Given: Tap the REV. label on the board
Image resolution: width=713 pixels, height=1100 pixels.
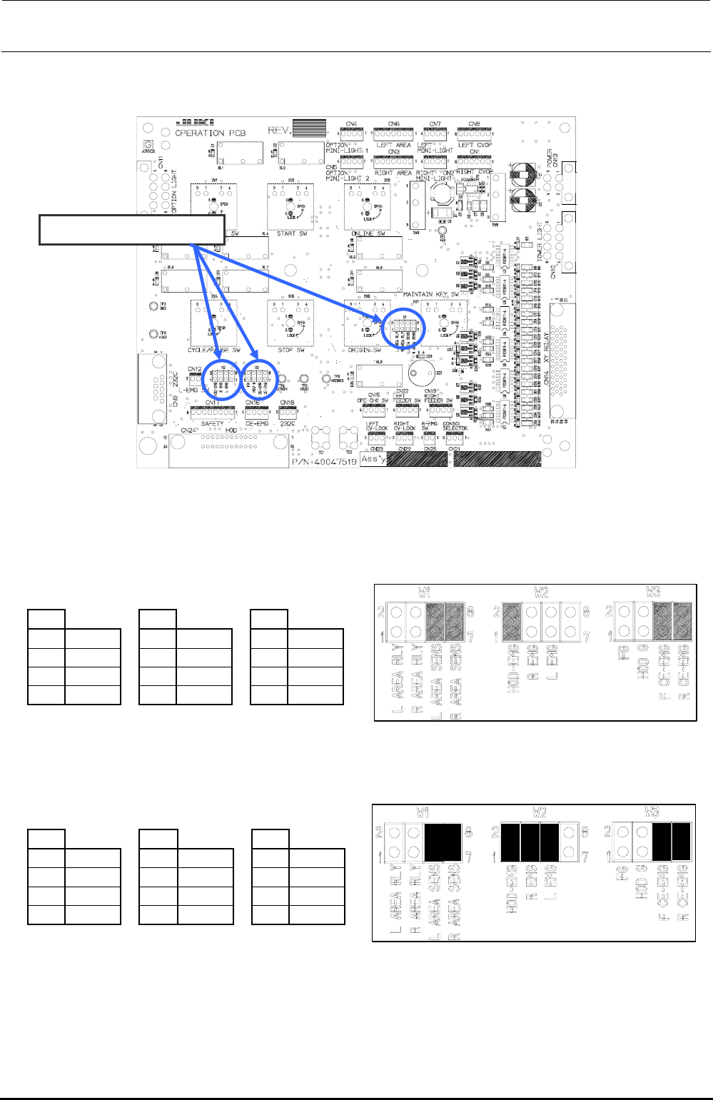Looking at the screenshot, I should coord(280,130).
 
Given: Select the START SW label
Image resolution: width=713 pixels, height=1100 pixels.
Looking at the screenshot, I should coord(290,233).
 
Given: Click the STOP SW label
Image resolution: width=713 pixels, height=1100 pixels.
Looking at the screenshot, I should coord(290,350).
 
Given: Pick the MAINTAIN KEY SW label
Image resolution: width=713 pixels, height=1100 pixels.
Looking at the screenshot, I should coord(430,294).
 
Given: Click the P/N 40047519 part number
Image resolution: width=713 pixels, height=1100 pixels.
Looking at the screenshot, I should coord(325,462).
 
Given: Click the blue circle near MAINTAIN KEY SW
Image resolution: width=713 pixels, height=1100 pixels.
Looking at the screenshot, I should coord(403,330).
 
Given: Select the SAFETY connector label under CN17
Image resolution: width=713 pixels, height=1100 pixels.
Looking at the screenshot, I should coord(211,423).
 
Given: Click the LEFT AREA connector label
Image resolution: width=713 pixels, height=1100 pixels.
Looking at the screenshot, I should coord(394,145).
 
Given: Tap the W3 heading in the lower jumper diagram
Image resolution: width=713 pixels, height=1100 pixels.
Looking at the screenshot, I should coord(652,812).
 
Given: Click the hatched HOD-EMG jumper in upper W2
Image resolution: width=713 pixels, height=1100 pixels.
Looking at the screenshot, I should coord(512,623).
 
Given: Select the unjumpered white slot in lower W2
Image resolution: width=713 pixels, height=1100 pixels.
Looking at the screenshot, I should coord(569,842).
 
